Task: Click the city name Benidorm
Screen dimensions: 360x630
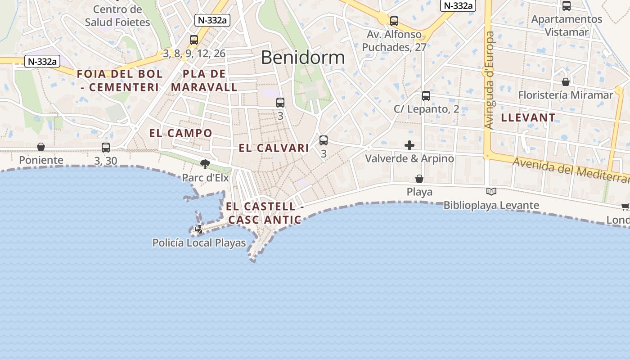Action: [x=302, y=58]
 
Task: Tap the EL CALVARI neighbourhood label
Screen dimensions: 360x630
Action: [x=274, y=148]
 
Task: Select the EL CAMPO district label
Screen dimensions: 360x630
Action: [x=180, y=133]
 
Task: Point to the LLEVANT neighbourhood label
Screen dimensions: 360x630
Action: [x=528, y=118]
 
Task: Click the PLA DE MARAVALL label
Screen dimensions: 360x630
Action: [x=204, y=81]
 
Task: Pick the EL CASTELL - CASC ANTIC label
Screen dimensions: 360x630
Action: [x=265, y=213]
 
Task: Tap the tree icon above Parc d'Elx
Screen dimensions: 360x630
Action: [x=205, y=164]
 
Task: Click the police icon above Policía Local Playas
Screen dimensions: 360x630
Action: [x=198, y=230]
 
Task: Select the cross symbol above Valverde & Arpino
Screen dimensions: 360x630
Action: [x=409, y=145]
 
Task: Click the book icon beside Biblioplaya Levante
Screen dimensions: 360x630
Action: [x=491, y=192]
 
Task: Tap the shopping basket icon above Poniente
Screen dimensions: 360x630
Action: [x=41, y=147]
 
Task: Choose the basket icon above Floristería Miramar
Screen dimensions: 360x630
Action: [x=566, y=82]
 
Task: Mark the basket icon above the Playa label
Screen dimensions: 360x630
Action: [x=419, y=179]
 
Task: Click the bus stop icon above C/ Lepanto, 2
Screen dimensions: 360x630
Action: [x=426, y=96]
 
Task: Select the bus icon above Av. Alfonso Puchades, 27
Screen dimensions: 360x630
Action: [x=394, y=21]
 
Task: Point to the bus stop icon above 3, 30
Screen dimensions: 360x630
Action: [x=106, y=147]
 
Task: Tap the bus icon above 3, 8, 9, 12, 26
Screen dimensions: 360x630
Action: [x=194, y=40]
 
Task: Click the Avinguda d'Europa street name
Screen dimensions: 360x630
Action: [x=490, y=80]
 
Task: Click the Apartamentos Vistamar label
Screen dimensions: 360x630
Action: [x=567, y=26]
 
